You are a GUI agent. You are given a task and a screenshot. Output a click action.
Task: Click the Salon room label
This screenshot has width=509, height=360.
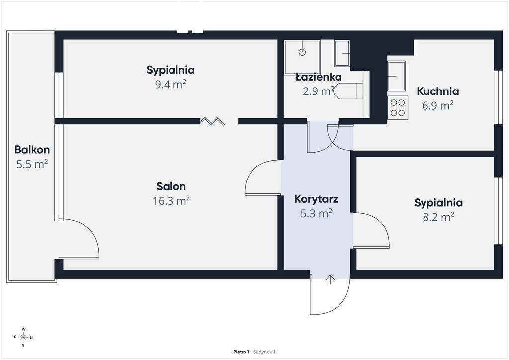click(171, 186)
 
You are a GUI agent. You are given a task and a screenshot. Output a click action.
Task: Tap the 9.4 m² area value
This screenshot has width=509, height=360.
click(170, 84)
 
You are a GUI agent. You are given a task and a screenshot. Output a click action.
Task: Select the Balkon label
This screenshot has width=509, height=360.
click(32, 149)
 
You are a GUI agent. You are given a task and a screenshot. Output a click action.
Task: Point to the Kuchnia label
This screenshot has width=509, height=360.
click(437, 91)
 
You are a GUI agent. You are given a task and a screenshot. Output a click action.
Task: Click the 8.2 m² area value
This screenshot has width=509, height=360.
click(438, 216)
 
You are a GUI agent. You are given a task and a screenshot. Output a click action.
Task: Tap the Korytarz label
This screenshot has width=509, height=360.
click(316, 199)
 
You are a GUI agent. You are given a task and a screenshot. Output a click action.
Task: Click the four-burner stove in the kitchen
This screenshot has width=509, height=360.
click(398, 108)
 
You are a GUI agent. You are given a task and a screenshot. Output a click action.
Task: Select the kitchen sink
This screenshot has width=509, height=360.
click(397, 76)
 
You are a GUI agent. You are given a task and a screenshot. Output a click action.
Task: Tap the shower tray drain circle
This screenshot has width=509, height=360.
click(302, 52)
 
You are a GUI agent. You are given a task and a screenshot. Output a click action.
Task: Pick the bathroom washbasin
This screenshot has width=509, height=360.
click(342, 53)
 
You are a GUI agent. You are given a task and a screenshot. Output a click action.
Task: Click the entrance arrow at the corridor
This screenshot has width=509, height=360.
click(330, 279)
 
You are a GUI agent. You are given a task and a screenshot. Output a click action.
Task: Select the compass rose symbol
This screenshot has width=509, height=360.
click(23, 337)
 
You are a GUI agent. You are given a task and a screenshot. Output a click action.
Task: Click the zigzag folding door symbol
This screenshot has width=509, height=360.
click(212, 121)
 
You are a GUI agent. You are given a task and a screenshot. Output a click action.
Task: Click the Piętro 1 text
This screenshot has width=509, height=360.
click(241, 352)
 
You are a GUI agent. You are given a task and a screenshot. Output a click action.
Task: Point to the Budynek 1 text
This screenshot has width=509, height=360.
click(264, 352)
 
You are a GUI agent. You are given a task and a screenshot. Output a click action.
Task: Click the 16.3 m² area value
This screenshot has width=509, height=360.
click(171, 201)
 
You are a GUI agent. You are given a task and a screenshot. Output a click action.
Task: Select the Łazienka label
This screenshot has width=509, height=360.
click(319, 77)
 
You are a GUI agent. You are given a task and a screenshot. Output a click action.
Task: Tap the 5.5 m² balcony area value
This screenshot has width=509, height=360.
click(32, 164)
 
